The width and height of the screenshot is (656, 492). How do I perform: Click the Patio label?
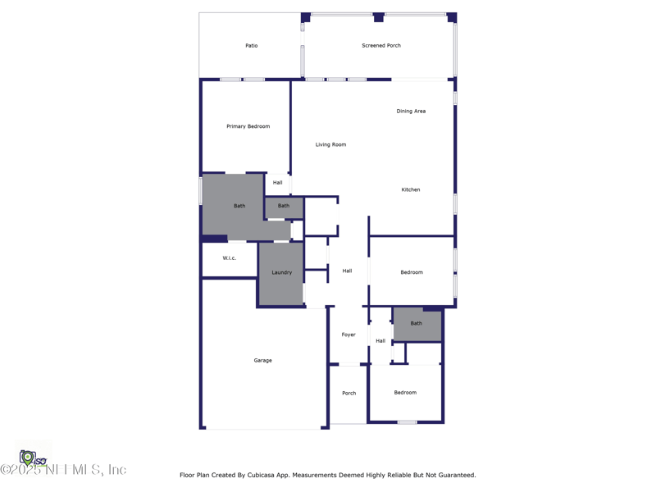[251, 46]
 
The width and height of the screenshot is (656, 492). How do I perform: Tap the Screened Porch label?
[381, 46]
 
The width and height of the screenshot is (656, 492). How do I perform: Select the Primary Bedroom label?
[248, 126]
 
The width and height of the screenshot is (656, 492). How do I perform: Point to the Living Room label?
[330, 145]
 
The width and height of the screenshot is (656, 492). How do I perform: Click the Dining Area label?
[411, 112]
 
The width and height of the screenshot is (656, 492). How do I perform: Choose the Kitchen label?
[411, 190]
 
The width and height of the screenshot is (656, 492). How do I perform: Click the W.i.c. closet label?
[230, 258]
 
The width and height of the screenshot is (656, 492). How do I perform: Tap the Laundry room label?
[281, 272]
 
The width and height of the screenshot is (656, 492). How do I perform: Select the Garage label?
[262, 361]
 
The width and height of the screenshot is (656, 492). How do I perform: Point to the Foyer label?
[348, 335]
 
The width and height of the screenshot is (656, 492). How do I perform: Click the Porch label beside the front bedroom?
[348, 394]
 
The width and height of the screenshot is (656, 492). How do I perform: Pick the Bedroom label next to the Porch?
[405, 393]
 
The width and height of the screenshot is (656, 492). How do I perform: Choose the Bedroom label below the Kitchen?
[412, 272]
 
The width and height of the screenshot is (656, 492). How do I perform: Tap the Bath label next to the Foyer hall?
[417, 324]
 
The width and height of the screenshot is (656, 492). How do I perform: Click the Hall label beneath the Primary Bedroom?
[278, 183]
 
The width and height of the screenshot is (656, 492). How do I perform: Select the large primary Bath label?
[239, 206]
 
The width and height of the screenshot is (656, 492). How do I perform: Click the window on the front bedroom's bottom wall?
[407, 422]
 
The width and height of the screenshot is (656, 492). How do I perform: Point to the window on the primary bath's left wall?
[201, 191]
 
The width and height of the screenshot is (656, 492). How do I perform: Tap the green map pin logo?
[27, 458]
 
